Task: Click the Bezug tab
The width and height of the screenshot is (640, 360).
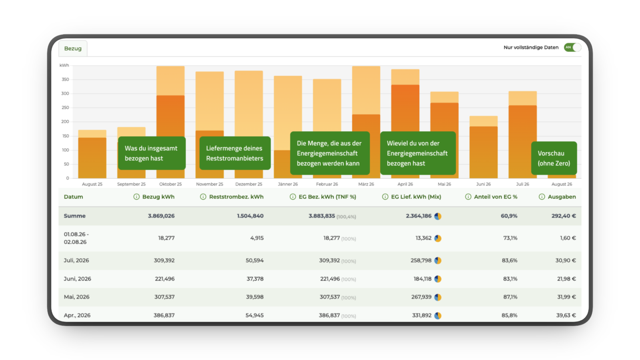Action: pos(73,48)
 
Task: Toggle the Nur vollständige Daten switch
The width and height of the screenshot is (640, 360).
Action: pos(572,48)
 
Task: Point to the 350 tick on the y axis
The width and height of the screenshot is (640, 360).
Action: pos(66,80)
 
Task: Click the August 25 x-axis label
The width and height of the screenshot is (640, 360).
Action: pos(92,184)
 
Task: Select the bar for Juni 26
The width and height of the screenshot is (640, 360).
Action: pos(484,147)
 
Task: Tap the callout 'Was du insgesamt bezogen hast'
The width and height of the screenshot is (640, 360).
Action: pos(152,153)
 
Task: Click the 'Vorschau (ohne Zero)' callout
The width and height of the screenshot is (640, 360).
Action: pos(554,158)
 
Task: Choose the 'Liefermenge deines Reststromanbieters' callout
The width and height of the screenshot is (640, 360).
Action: pos(235,153)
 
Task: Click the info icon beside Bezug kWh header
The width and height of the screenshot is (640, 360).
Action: pos(136,197)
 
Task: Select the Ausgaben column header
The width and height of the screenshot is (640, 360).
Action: pos(562,197)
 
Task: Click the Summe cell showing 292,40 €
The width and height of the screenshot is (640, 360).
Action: pos(564,216)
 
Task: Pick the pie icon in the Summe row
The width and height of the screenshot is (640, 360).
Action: pos(438,216)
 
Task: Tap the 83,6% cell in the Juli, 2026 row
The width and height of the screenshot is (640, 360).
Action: pos(510,260)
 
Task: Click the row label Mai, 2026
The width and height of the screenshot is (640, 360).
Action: pos(76,297)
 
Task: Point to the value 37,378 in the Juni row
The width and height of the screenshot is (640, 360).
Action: pos(255,279)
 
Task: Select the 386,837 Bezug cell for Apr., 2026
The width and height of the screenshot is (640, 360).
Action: pos(164,316)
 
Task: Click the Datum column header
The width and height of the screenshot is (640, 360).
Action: pos(74,197)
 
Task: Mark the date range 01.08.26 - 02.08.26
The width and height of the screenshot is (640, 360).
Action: pos(76,238)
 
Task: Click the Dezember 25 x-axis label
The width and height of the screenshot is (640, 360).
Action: pos(248,184)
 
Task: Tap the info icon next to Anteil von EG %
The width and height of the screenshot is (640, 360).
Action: pos(468,197)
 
